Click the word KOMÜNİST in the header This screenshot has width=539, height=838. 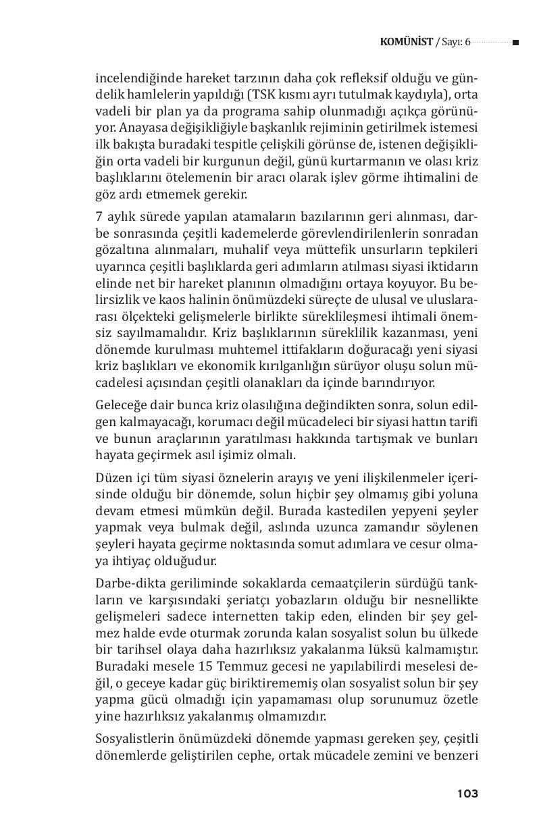click(407, 43)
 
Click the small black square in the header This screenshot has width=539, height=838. click(515, 43)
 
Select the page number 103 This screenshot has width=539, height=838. click(467, 794)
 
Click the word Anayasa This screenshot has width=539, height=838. click(133, 128)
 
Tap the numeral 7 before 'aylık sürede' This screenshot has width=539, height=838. click(99, 216)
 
